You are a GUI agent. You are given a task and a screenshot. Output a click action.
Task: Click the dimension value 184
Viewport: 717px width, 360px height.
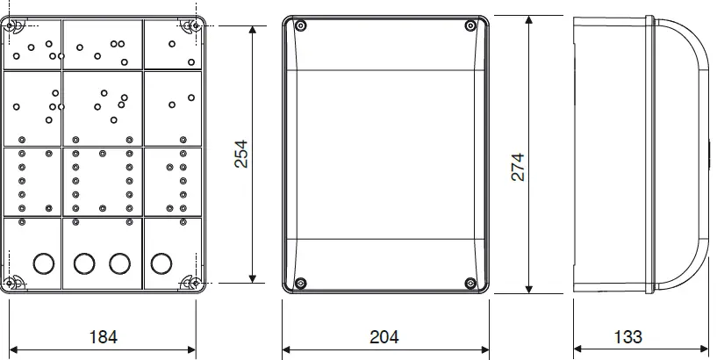coord(103,336)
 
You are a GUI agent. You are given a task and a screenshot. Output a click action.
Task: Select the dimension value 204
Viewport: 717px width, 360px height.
coord(384,336)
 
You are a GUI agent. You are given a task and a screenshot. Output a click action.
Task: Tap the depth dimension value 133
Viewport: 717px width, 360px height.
coord(627,336)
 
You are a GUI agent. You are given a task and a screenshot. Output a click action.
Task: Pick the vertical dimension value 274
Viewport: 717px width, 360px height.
coord(518,167)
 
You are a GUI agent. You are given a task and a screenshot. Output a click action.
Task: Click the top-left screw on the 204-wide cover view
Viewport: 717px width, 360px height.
coord(300,27)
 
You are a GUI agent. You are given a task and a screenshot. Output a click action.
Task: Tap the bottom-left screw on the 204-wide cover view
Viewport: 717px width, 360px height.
coord(300,283)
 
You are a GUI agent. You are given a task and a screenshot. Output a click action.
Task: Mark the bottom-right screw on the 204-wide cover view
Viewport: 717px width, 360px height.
coord(470,283)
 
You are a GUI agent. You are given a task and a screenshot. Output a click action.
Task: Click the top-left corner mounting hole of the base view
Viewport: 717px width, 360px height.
coord(16,26)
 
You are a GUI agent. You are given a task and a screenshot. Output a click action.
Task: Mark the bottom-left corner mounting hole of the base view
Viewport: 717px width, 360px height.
coord(16,282)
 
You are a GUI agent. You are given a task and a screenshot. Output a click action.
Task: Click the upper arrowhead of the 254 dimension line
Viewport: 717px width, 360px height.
coord(254,29)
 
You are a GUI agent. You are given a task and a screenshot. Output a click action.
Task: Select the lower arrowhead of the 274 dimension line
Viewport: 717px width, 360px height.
coord(529,291)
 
